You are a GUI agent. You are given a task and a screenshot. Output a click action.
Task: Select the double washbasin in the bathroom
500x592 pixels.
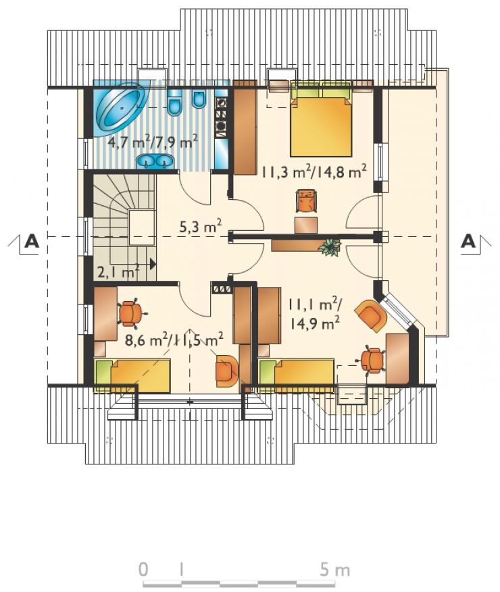point(155,161)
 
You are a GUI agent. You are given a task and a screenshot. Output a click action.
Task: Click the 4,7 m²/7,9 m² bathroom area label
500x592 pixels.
point(153,143)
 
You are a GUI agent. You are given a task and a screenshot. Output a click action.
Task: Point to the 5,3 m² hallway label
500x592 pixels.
point(200,228)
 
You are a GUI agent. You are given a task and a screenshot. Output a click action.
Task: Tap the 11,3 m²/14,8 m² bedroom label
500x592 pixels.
point(314,173)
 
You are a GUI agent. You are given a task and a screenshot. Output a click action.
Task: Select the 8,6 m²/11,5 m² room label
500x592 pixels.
point(174,340)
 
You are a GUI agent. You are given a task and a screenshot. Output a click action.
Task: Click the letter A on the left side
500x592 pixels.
point(32,241)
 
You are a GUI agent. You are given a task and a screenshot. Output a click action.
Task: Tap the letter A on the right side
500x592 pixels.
point(468,241)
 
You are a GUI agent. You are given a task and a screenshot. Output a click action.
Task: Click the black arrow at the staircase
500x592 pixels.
point(153,263)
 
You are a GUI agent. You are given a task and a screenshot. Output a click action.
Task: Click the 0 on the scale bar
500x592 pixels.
point(143,570)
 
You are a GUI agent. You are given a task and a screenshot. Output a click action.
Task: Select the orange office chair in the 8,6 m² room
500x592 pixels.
point(131,313)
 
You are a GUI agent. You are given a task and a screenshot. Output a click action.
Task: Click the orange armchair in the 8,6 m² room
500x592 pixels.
point(227,371)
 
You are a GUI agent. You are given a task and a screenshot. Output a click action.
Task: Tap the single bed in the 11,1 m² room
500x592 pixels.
point(297,372)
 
